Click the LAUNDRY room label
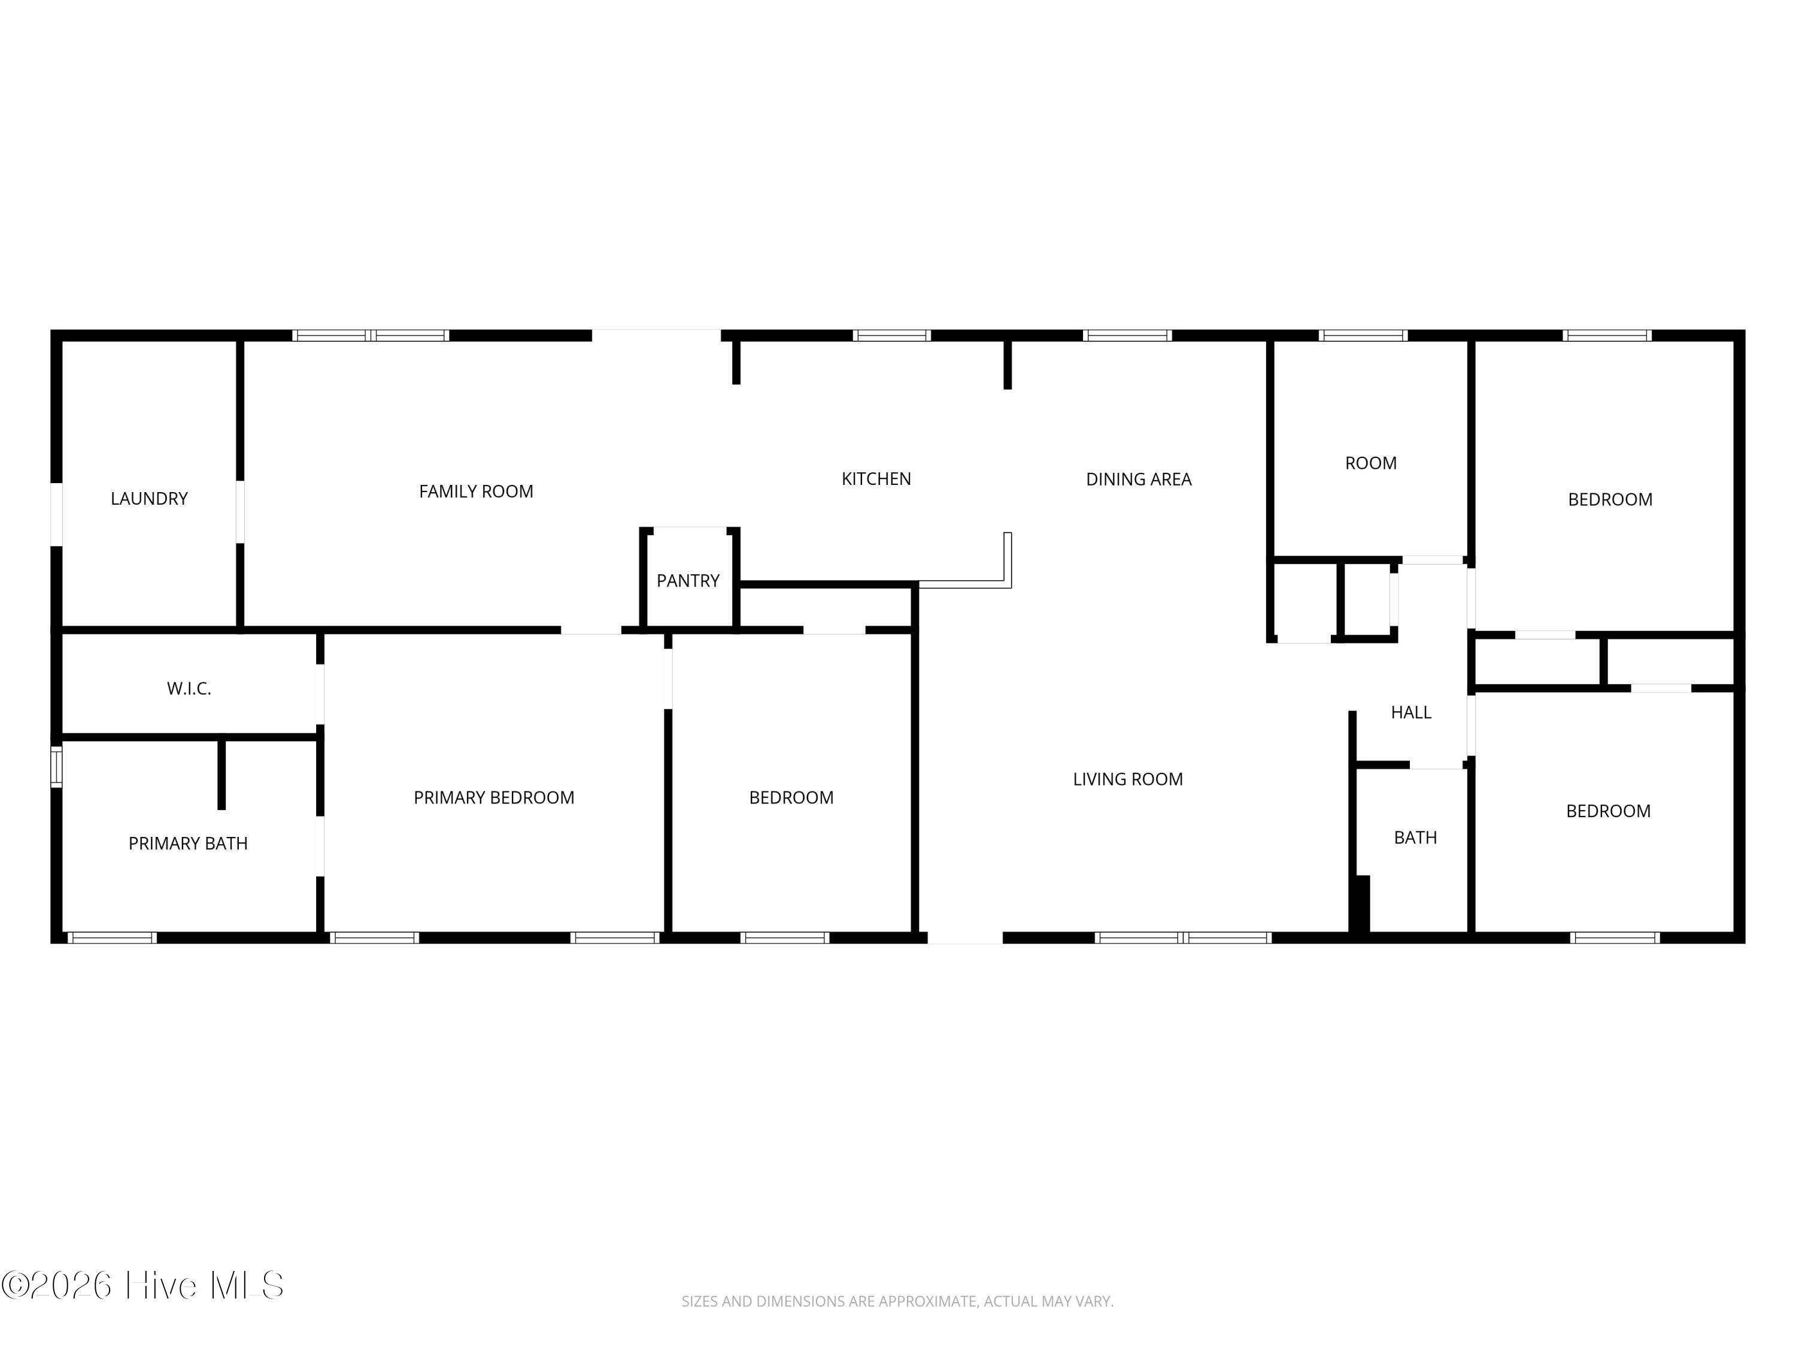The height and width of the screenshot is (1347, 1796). coord(150,499)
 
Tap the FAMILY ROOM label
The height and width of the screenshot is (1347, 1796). coord(476,492)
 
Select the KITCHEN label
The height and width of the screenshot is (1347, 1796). coord(876,479)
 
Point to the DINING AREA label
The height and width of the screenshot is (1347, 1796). coord(1138,479)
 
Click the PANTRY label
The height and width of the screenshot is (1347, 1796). coord(688,581)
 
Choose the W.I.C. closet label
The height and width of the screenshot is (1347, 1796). coord(189,688)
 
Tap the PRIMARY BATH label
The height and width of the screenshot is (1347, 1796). coord(187,844)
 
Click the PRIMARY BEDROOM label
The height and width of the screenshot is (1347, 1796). coord(494,797)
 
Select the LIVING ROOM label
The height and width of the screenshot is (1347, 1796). coord(1128,779)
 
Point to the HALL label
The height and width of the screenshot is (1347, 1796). coord(1411,712)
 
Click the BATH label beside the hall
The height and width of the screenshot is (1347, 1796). coord(1415,837)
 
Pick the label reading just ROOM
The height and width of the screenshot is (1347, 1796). coord(1370,463)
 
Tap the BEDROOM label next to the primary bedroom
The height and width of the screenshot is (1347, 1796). coord(791,797)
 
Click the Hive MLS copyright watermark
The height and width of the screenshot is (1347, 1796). coord(143,1285)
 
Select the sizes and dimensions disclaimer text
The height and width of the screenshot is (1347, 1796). coord(897,1301)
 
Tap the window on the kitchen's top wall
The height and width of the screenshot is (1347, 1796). coord(891,335)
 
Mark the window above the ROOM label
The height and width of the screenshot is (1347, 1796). coord(1363,335)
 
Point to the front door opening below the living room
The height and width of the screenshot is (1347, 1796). coord(966,938)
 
